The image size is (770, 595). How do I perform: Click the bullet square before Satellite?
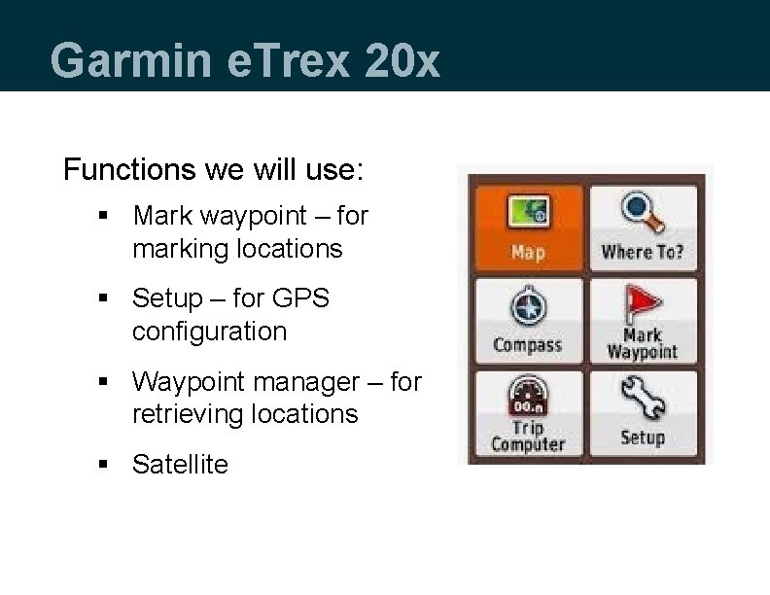[103, 465]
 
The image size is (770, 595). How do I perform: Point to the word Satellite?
[180, 465]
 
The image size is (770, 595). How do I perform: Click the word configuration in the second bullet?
[209, 332]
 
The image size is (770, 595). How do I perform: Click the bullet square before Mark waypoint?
[103, 216]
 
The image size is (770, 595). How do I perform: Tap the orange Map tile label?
[528, 253]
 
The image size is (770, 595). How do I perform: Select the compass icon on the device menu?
[528, 309]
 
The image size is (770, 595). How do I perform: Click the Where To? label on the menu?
[643, 253]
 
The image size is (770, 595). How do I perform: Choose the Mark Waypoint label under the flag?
[643, 344]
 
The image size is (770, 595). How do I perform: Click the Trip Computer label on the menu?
[528, 437]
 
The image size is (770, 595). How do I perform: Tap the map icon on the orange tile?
[528, 212]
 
